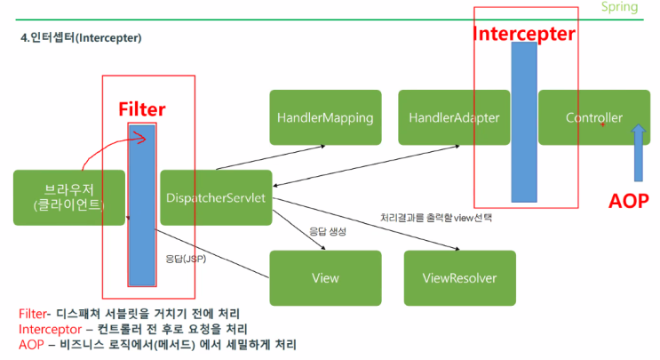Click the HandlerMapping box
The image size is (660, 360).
click(325, 117)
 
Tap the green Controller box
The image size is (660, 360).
click(594, 117)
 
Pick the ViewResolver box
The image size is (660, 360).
click(459, 277)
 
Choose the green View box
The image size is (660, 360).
click(325, 277)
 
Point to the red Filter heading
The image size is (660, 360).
click(142, 108)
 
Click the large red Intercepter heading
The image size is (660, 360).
click(523, 35)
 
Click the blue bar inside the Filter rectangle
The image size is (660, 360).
click(142, 204)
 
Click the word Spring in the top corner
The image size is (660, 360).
click(619, 7)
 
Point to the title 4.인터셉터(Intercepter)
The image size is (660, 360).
click(81, 39)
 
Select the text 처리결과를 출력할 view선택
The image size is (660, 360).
click(436, 217)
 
